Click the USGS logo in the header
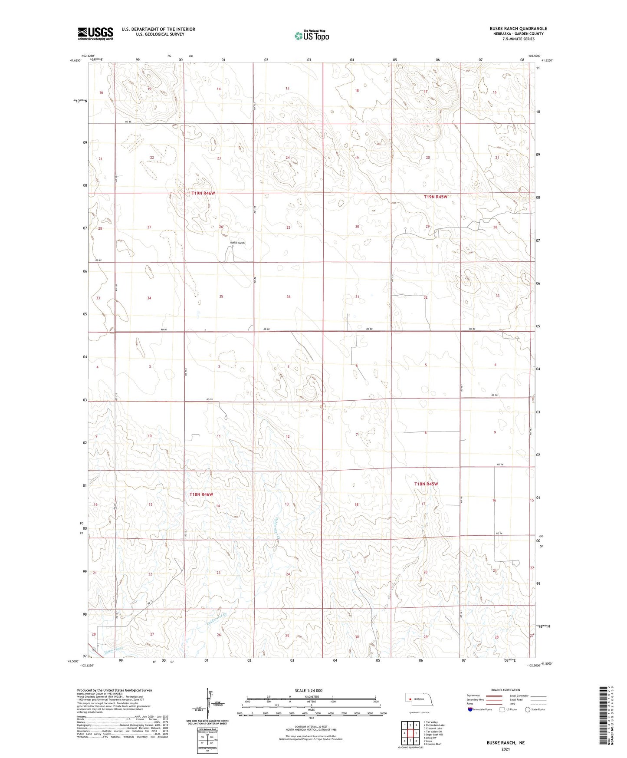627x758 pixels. pos(95,33)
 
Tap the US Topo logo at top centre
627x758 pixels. pos(311,35)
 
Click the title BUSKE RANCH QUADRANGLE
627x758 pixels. pos(512,29)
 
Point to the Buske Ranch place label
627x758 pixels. pos(237,243)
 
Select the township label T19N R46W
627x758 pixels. pos(203,193)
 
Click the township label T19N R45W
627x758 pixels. pos(435,197)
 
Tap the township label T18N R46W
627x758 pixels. pos(201,494)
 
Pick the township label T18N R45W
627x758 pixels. pos(426,484)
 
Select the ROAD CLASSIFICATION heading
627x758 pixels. pos(506,690)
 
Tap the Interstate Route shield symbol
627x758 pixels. pos(470,709)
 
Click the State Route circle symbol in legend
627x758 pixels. pos(528,709)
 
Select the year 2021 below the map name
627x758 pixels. pos(505,749)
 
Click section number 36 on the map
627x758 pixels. pos(289,297)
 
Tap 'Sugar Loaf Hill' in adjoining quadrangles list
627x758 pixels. pos(434,735)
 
